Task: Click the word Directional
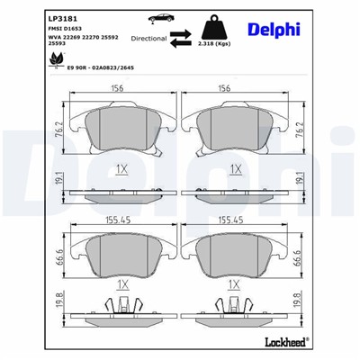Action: (x=148, y=40)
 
